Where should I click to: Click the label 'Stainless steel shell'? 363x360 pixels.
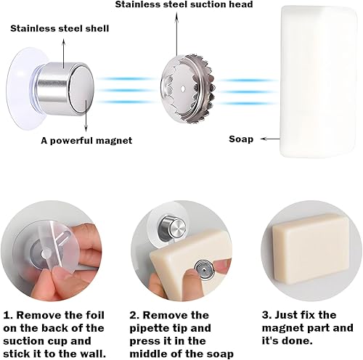tap(60, 28)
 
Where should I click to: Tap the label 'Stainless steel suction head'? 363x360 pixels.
tap(184, 4)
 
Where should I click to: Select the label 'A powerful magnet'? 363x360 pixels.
tap(86, 141)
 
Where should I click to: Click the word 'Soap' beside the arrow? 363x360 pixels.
tap(241, 139)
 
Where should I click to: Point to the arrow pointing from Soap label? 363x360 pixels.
tap(270, 139)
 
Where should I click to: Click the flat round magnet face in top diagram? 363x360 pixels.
tap(82, 89)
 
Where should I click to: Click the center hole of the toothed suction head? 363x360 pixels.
tap(183, 89)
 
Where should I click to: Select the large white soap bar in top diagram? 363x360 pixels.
tap(319, 82)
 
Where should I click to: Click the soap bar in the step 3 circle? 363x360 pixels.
tap(311, 250)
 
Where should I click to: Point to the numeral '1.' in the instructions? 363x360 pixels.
tap(8, 316)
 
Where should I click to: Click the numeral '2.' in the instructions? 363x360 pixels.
tap(134, 316)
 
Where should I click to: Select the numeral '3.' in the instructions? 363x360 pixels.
tap(267, 315)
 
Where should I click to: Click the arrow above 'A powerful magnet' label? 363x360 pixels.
tap(86, 115)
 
